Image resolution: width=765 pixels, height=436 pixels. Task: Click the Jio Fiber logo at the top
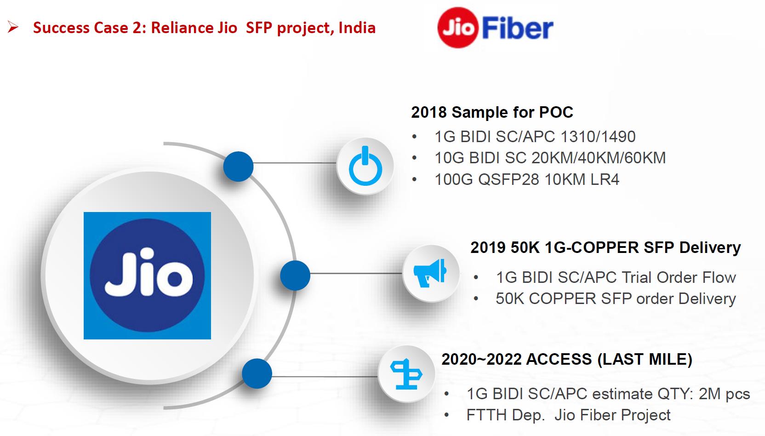tap(495, 28)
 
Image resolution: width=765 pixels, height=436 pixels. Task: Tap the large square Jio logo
tap(147, 275)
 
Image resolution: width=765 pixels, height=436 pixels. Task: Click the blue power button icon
tap(365, 166)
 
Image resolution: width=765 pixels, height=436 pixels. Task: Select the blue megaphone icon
tap(430, 273)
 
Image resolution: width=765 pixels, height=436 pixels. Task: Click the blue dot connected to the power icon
tap(238, 166)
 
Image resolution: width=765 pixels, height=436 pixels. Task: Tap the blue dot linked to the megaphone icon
tap(295, 275)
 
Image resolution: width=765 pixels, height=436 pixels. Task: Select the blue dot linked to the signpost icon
tap(257, 373)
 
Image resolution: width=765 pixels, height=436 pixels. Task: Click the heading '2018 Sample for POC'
tap(492, 112)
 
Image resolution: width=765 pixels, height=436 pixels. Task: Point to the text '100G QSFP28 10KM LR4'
tap(527, 179)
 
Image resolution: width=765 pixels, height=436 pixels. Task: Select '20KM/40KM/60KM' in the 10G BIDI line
tap(599, 158)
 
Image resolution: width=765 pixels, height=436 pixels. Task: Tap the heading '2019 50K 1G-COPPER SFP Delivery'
tap(605, 247)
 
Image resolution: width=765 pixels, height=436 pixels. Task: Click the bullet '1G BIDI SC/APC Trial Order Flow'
tap(616, 277)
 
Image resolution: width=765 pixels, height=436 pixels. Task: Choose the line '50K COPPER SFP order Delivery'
tap(616, 298)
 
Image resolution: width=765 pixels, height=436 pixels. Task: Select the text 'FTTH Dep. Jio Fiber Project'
tap(568, 415)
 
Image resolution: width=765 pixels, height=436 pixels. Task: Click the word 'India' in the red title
tap(357, 28)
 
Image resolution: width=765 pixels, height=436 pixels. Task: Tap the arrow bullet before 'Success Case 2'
tap(13, 28)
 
